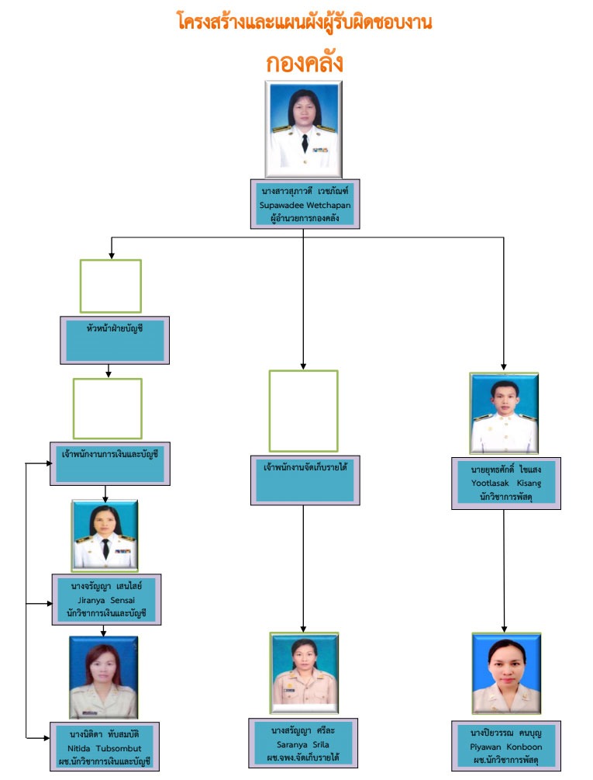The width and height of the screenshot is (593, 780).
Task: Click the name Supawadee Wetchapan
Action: pyautogui.click(x=303, y=203)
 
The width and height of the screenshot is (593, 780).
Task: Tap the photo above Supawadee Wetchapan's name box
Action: pyautogui.click(x=303, y=128)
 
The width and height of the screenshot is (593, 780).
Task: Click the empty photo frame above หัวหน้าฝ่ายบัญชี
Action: pyautogui.click(x=111, y=286)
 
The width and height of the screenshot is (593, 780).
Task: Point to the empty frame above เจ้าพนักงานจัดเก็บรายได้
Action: pyautogui.click(x=303, y=411)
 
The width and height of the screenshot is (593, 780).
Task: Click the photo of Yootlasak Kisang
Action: pyautogui.click(x=505, y=412)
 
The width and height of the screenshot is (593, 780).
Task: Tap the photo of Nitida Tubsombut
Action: pyautogui.click(x=103, y=677)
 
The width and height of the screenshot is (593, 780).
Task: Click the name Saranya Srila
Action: pyautogui.click(x=303, y=744)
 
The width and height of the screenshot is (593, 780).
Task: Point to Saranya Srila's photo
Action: pyautogui.click(x=303, y=672)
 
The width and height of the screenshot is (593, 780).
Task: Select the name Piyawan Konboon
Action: pyautogui.click(x=506, y=747)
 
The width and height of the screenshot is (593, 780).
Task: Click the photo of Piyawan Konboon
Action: pyautogui.click(x=506, y=672)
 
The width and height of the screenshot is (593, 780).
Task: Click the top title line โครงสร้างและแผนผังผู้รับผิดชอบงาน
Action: pyautogui.click(x=304, y=22)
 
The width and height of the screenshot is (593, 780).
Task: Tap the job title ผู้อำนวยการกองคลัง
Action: pyautogui.click(x=303, y=217)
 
